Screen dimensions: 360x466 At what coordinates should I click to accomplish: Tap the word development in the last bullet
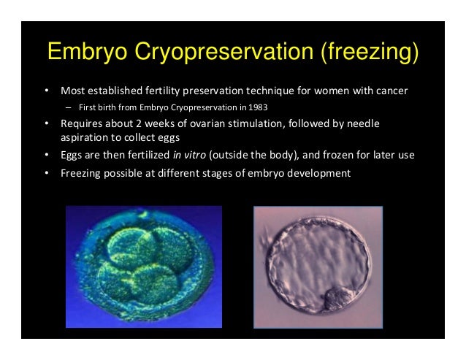coord(319,173)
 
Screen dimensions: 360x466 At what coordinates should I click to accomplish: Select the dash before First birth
coord(68,107)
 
